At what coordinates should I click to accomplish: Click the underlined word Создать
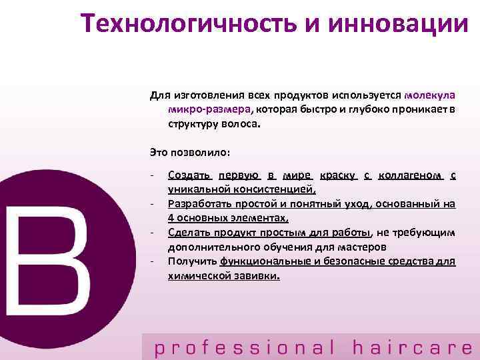[x=189, y=175]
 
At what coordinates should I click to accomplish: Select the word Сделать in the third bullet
[x=190, y=233]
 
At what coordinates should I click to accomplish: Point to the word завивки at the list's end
[x=256, y=275]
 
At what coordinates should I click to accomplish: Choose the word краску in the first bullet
[x=339, y=175]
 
